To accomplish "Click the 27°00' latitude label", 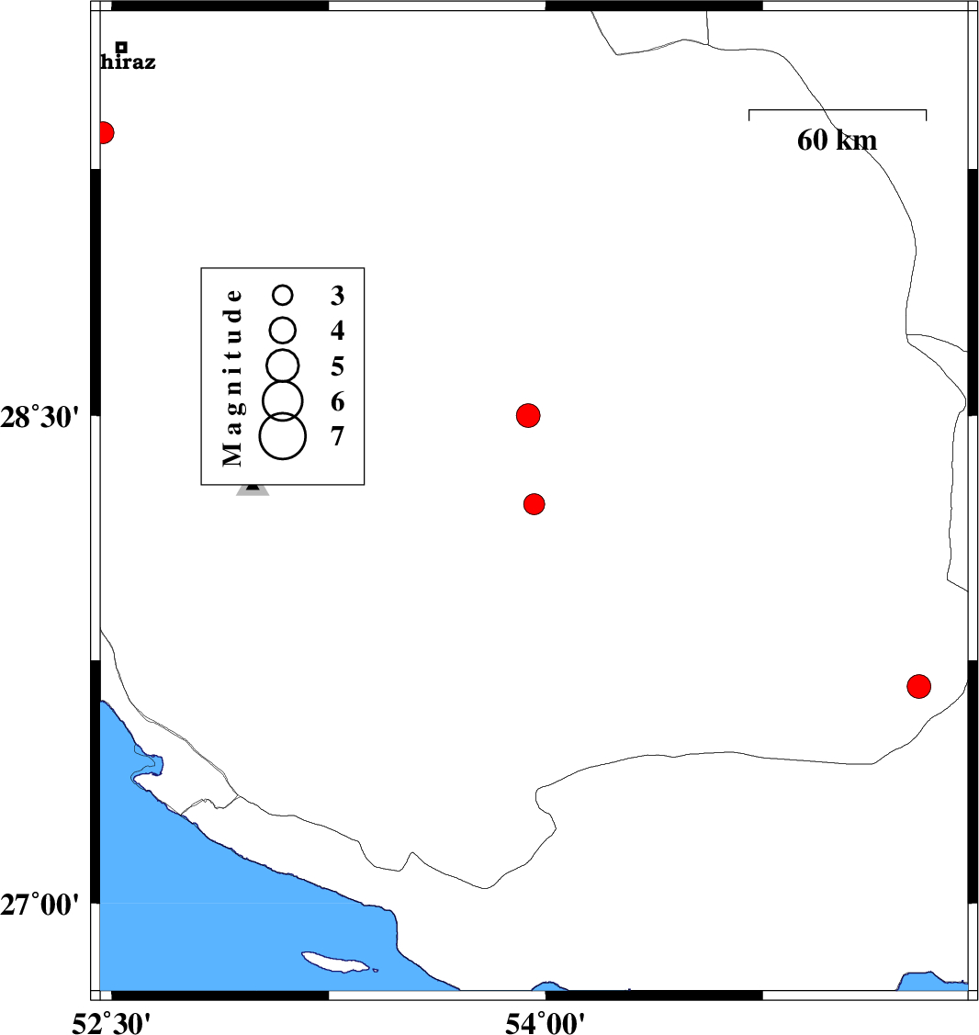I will (x=42, y=906).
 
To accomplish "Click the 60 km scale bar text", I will (x=837, y=141).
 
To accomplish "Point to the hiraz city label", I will (x=128, y=63).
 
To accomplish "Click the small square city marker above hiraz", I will (x=121, y=47).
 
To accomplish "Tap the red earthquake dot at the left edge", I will (x=104, y=133).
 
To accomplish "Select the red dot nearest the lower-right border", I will (x=918, y=686).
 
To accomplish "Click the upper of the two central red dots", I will (x=528, y=415).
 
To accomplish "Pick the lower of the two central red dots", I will (x=535, y=504).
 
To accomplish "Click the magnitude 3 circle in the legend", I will (x=283, y=295).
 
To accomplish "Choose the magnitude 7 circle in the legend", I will (x=282, y=435).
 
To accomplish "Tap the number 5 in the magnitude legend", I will (x=338, y=366).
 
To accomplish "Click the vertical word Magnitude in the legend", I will (x=233, y=377).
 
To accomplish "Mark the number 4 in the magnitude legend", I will (x=338, y=330).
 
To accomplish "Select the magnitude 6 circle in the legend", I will (x=283, y=399).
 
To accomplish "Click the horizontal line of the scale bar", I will (x=837, y=111).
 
